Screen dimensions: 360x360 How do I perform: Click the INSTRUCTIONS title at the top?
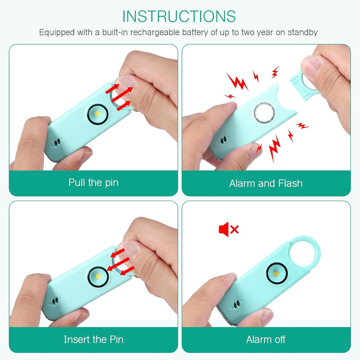coord(179,16)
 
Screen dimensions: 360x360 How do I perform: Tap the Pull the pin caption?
coord(94,183)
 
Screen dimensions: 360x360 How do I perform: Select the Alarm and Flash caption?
coord(266,183)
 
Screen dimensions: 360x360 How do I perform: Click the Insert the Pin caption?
coord(94,339)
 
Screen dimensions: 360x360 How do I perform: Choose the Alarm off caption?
coord(266,339)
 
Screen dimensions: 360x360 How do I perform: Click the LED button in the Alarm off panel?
coord(276,273)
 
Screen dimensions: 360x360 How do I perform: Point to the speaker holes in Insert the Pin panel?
coord(55,301)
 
